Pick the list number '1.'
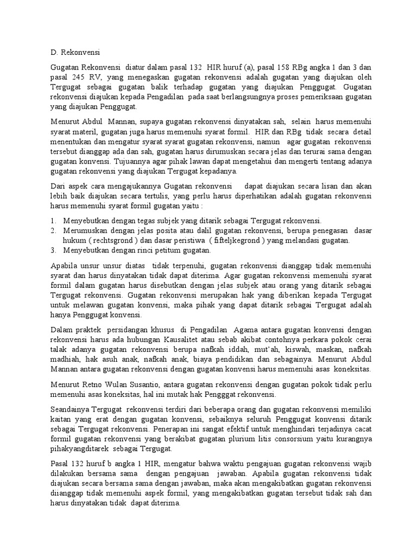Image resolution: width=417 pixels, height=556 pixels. coord(53,220)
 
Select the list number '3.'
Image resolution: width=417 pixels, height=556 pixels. coord(53,250)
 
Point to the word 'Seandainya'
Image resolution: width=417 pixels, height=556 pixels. coord(69,409)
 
